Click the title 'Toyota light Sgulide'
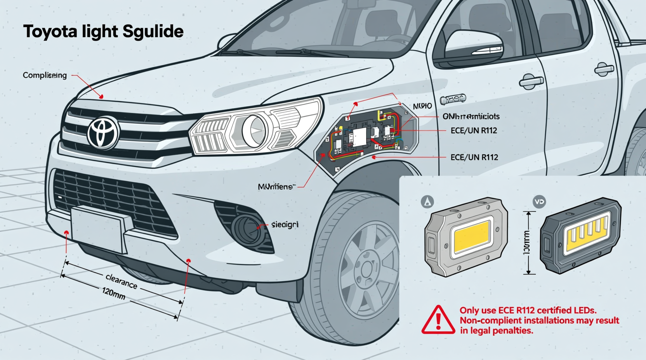tap(103, 31)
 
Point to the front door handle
tap(531, 81)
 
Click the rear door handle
tap(604, 69)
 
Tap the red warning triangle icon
tap(438, 320)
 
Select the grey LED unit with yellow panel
tap(466, 237)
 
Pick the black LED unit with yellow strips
tap(580, 235)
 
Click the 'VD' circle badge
tap(540, 202)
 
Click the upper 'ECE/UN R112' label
tap(474, 131)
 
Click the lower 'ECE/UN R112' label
tap(474, 157)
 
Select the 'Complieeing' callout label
tap(45, 75)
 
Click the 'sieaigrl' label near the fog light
tap(285, 225)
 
